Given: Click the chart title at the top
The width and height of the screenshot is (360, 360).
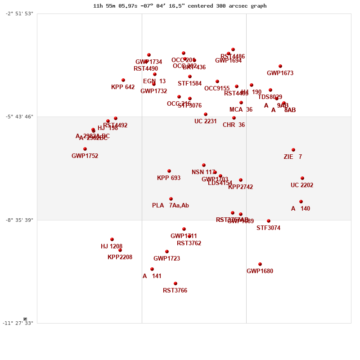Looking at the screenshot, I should tap(180, 6).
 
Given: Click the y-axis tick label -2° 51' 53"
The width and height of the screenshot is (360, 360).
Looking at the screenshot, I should tap(19, 13).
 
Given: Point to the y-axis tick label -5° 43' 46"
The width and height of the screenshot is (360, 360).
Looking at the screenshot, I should tap(19, 117).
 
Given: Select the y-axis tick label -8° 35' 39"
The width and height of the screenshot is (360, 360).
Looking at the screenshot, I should tap(19, 220).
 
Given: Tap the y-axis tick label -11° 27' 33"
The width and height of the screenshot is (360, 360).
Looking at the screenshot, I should tap(18, 323).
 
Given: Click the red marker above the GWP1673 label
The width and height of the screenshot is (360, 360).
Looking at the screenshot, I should tap(280, 66).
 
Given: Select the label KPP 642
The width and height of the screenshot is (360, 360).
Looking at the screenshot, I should tap(123, 87).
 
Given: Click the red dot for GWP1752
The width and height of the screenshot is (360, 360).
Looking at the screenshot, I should tap(85, 149).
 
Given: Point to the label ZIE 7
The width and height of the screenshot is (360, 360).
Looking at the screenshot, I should tap(292, 157).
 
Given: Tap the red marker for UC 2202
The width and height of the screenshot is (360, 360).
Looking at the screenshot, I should tap(302, 178).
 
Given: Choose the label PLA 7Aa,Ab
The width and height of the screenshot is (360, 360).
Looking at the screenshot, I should tap(170, 206).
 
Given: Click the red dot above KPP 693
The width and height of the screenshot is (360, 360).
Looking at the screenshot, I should tap(169, 171).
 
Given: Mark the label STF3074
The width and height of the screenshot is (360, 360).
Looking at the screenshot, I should tap(268, 228).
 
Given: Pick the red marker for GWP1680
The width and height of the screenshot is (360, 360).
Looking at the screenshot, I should tap(260, 264).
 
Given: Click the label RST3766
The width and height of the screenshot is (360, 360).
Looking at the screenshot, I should tap(175, 291).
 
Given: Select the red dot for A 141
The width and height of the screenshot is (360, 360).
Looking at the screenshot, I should tap(152, 269).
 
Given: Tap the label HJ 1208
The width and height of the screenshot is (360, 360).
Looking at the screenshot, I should tap(112, 247).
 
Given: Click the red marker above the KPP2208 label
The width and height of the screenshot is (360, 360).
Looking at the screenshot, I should tap(120, 250).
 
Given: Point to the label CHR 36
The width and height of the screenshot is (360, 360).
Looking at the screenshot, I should tap(234, 125).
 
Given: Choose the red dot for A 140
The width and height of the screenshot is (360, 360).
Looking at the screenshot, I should tap(301, 202).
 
